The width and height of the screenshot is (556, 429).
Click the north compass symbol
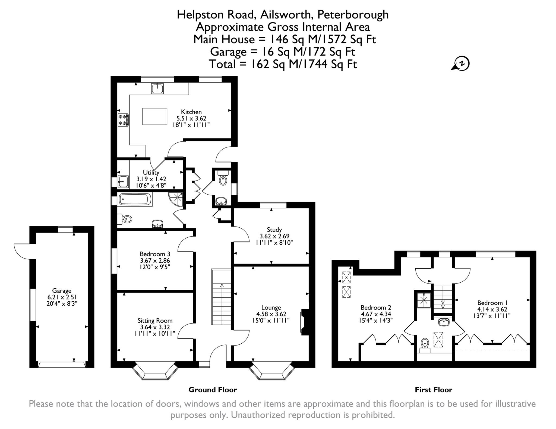point(461,63)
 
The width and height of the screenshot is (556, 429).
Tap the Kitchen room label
point(191,112)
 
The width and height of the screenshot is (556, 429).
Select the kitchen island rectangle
point(155,116)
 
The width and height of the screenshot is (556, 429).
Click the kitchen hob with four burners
point(123,120)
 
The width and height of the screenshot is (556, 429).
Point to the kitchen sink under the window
point(157,88)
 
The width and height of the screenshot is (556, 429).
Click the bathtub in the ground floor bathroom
point(135,200)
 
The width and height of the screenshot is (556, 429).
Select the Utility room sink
point(123,181)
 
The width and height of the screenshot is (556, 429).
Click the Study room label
point(274,230)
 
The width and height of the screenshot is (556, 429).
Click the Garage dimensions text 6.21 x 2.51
point(62,297)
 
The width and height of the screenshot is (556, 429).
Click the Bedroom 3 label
point(155,254)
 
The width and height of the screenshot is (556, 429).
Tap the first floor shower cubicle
point(424,300)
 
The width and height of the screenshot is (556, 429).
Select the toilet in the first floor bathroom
point(425,344)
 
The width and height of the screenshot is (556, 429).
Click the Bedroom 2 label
point(376,307)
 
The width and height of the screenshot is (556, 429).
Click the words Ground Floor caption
point(213,390)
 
